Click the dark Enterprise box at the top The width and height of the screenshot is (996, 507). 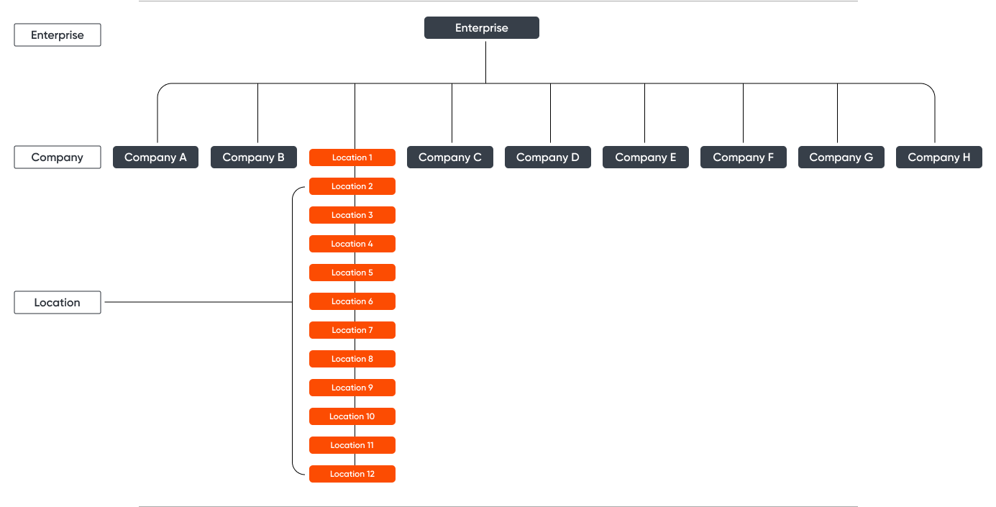pos(481,28)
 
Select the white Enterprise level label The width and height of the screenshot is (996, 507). pos(58,35)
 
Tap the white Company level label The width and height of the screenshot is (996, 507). pos(58,157)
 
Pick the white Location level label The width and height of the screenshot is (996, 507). pos(58,303)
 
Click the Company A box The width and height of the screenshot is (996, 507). pos(155,157)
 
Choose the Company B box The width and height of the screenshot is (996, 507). pos(253,157)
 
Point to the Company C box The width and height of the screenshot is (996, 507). pos(449,157)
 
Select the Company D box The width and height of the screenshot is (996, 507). pos(547,157)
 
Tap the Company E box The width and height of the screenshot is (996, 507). pos(645,157)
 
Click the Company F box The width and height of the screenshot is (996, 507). pos(743,157)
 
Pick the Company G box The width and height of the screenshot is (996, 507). pos(841,157)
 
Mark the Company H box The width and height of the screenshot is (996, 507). pos(938,157)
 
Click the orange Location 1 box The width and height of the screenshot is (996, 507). pos(352,157)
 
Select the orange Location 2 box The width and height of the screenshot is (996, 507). pos(352,186)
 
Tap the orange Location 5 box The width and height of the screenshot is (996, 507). pos(352,273)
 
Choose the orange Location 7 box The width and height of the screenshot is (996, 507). pos(352,330)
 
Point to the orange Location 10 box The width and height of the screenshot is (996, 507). pos(352,416)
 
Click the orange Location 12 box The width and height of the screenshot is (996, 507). pos(352,474)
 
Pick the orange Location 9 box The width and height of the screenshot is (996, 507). pos(352,388)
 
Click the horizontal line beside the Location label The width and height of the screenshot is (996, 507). pos(198,303)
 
